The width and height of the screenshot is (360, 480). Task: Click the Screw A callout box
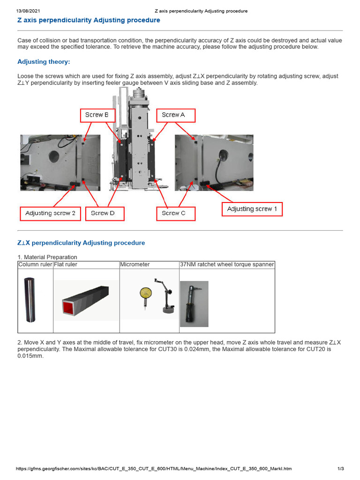(175, 115)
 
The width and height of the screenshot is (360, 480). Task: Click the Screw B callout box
(97, 115)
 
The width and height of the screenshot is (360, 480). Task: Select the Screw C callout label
(175, 213)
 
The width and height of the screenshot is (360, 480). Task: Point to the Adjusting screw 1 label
(252, 209)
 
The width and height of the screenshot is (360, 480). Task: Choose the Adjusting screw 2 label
(50, 213)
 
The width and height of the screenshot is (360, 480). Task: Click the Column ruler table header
(35, 265)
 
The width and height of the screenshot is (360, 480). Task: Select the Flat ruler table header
(66, 265)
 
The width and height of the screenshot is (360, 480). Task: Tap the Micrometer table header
(135, 265)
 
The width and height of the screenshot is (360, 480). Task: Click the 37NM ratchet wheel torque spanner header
(227, 265)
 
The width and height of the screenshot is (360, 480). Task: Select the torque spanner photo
(194, 303)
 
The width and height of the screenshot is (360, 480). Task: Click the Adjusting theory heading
(44, 62)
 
